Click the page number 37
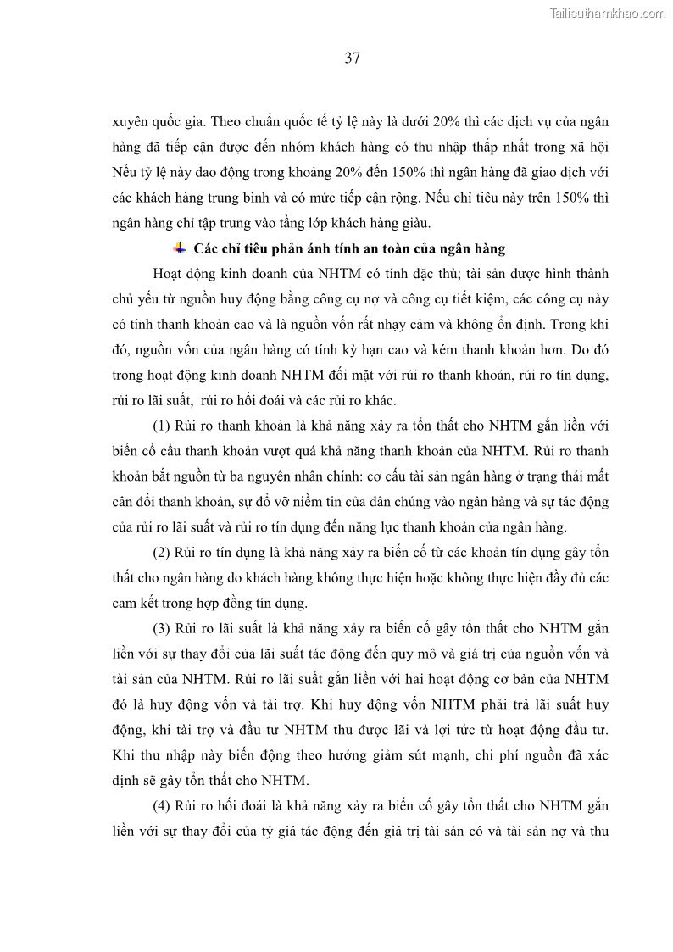click(x=353, y=58)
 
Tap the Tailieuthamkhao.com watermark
click(x=608, y=13)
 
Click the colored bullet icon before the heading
click(x=179, y=248)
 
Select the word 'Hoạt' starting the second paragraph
click(x=170, y=274)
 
